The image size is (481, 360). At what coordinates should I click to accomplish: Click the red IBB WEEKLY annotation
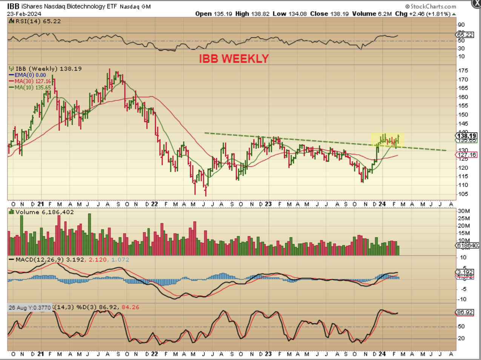(x=234, y=58)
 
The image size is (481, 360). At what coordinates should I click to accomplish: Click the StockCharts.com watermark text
(x=431, y=6)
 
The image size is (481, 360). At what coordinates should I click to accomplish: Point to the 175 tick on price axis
(x=463, y=71)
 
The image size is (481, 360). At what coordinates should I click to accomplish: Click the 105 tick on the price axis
(x=463, y=194)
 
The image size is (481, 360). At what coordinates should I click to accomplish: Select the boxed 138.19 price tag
(x=467, y=136)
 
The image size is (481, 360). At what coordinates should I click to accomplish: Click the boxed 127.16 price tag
(x=467, y=155)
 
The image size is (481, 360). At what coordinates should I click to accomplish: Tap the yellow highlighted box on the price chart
(x=387, y=140)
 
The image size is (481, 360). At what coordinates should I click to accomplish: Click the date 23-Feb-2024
(x=24, y=14)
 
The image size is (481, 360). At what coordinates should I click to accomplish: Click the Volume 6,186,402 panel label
(x=44, y=212)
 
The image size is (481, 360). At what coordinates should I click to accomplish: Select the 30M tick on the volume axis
(x=464, y=211)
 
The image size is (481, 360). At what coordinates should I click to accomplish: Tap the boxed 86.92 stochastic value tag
(x=465, y=312)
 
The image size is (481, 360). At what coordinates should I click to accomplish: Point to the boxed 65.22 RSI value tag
(x=465, y=35)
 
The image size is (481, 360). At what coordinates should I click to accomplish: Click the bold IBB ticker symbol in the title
(x=13, y=6)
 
